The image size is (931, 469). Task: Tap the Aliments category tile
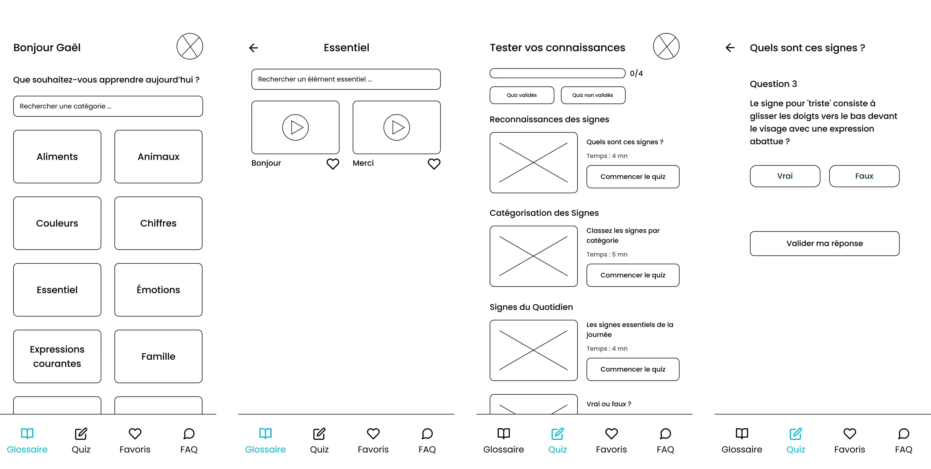pos(57,157)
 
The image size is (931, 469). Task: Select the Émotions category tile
pos(158,290)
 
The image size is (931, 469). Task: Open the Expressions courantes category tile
pos(57,356)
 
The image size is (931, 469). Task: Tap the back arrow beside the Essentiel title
pos(254,48)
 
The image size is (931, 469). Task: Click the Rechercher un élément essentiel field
pos(346,79)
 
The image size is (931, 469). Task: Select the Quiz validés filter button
pos(521,95)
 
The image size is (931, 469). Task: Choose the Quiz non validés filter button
pos(593,95)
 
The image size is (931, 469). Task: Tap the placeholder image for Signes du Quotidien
pos(533,350)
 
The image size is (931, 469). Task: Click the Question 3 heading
pos(773,84)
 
